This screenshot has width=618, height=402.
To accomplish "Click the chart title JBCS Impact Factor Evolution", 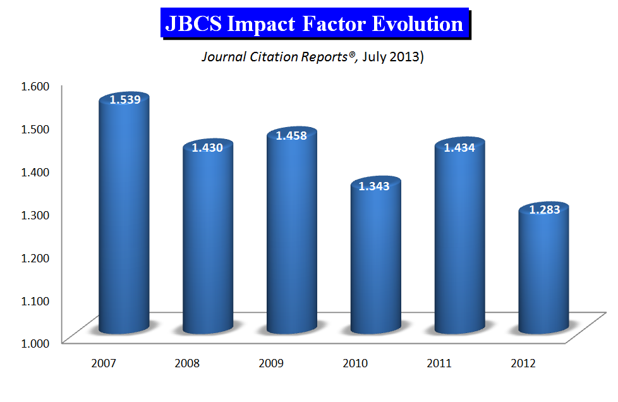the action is tap(314, 23).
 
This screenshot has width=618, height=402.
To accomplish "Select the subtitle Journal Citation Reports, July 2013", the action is tap(313, 57).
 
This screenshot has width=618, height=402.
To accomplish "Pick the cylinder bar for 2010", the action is tap(376, 255).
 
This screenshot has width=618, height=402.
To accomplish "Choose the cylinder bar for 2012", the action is tap(544, 267).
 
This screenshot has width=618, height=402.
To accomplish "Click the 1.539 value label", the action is tap(125, 99).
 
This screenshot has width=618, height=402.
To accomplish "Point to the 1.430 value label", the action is tap(207, 147).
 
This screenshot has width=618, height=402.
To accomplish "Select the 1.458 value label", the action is tap(291, 135).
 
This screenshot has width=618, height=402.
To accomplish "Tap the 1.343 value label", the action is tap(374, 186).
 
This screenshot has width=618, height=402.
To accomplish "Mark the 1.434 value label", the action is tap(459, 147).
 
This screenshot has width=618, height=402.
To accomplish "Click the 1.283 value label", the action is tap(544, 210).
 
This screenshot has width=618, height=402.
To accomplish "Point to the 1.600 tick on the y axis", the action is tap(35, 86).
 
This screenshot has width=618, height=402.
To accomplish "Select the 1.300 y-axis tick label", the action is tap(35, 215).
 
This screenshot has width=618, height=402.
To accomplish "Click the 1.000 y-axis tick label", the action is tap(35, 343).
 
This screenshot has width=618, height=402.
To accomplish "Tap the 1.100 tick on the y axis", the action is tap(35, 301).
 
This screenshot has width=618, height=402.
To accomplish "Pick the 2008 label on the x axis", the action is tap(187, 363).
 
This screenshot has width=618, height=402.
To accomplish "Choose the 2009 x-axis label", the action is tap(271, 363).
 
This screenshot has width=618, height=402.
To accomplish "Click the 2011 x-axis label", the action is tap(439, 363).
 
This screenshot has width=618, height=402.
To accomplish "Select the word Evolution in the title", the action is tap(418, 23).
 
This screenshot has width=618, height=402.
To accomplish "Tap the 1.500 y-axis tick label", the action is tap(35, 129).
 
